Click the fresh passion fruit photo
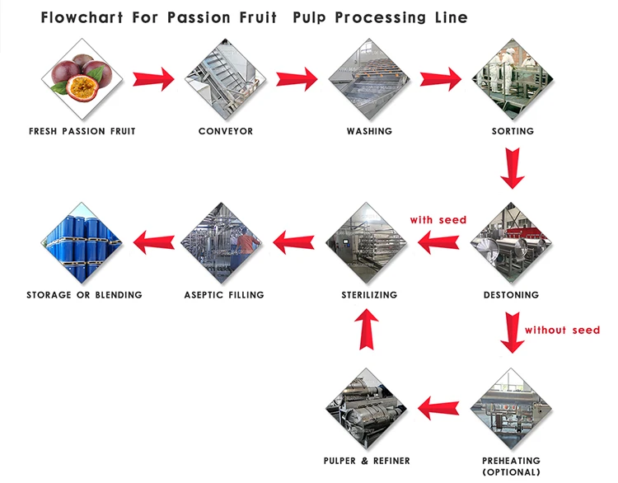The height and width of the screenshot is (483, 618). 82,79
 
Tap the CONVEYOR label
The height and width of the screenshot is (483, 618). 226,131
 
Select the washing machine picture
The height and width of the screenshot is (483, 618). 369,79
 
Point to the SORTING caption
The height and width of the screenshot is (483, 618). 513,131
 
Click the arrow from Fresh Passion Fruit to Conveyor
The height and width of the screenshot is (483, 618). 154,79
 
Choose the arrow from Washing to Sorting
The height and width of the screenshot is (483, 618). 441,79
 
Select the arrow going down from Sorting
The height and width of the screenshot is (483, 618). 513,169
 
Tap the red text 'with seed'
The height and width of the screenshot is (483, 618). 438,220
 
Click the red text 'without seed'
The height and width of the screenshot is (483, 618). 563,330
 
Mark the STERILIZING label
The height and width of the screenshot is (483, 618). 369,294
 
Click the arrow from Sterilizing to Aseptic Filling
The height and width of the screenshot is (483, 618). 295,242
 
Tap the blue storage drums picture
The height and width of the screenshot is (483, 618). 82,243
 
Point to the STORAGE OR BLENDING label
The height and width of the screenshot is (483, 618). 84,294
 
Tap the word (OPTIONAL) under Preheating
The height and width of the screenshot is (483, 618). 511,472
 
